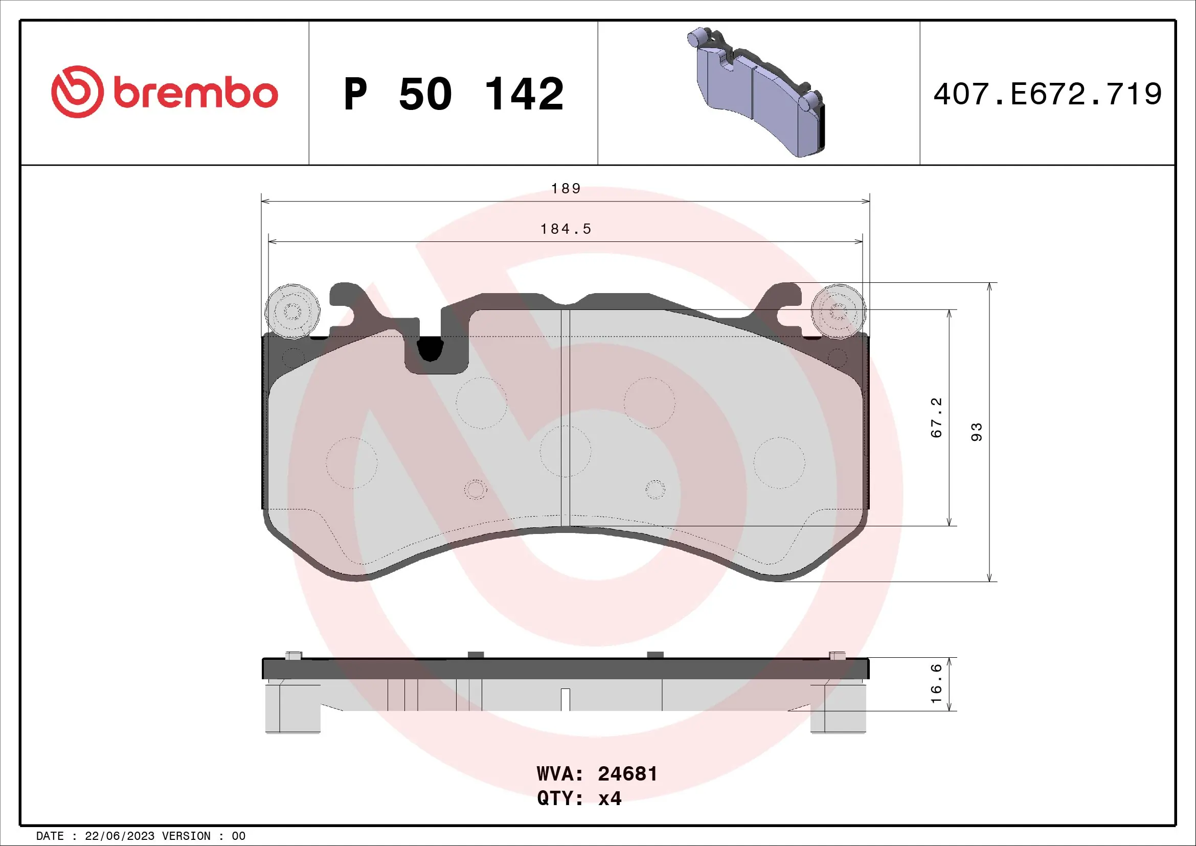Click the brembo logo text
195,94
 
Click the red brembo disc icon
77,92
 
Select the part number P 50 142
453,94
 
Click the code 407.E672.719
1047,94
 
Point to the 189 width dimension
566,189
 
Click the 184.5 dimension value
566,229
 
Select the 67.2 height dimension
936,417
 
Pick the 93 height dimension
976,432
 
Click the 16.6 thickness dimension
936,683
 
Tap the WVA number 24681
627,774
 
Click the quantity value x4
610,798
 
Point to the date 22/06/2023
119,836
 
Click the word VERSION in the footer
186,836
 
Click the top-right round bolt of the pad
838,311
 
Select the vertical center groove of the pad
565,417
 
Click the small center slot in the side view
565,700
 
